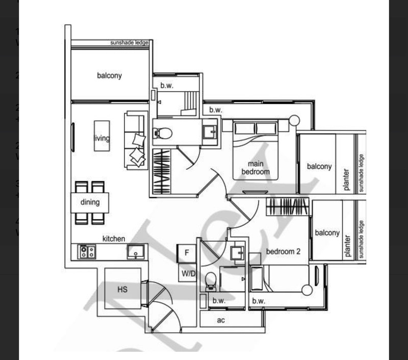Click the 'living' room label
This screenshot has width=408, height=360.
point(102,138)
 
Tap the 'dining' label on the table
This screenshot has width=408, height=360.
point(90,202)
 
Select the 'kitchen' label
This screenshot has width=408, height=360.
point(114,239)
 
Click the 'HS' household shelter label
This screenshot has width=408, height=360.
point(122,290)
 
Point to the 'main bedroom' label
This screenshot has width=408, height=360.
point(259,168)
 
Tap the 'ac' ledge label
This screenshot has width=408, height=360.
point(221,320)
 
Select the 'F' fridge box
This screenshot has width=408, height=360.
point(187,252)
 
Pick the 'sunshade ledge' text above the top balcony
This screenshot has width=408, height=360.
point(129,43)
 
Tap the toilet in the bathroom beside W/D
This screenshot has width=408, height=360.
point(210,281)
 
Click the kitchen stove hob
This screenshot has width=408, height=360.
point(87,251)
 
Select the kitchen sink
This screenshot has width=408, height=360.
point(136,251)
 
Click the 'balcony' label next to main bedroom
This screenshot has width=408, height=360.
point(319,166)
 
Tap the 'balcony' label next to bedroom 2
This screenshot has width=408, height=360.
point(327,233)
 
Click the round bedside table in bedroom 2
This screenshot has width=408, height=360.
point(307,290)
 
